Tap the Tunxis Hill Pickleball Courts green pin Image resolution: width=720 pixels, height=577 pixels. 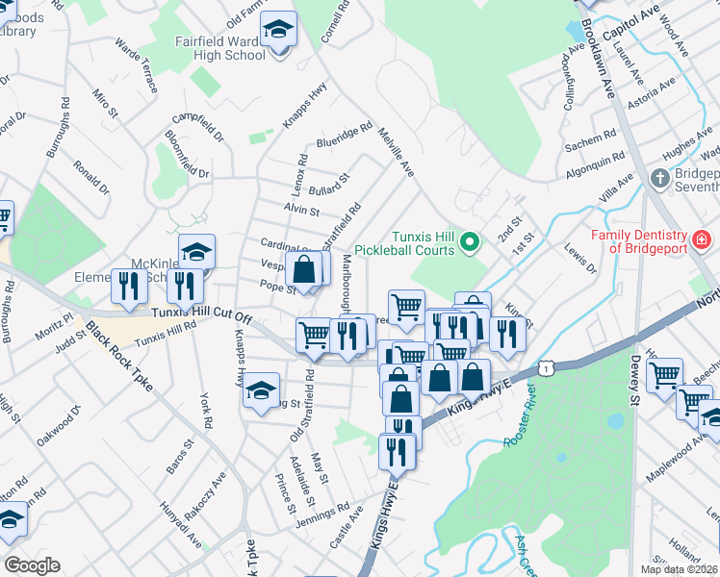coord(470,241)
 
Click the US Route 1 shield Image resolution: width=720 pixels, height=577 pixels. coord(547,367)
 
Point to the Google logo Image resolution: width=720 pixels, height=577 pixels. coord(32,565)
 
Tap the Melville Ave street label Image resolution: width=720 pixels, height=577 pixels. coord(395,153)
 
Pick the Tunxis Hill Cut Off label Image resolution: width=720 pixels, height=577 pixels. coord(202,314)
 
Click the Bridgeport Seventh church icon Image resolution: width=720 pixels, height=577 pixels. coord(660,178)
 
